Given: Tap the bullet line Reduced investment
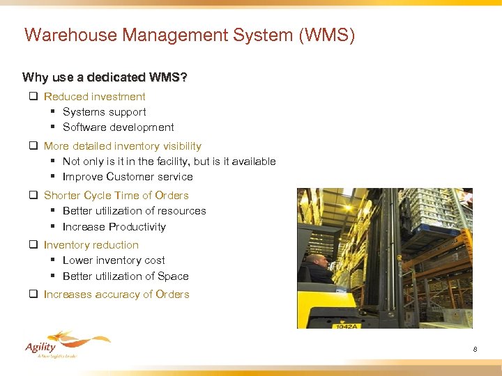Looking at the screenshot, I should click(x=94, y=97).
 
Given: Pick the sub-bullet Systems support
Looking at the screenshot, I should click(x=104, y=112).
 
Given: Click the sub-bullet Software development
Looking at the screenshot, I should click(x=118, y=127).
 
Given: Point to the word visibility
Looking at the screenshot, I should click(x=179, y=146).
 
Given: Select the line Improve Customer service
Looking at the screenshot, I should click(x=128, y=177).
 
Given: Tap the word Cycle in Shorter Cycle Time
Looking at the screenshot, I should click(x=102, y=196).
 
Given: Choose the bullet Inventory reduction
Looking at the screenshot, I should click(x=91, y=245).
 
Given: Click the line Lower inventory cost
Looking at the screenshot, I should click(x=114, y=260).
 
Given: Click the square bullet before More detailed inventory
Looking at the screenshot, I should click(x=33, y=146).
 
